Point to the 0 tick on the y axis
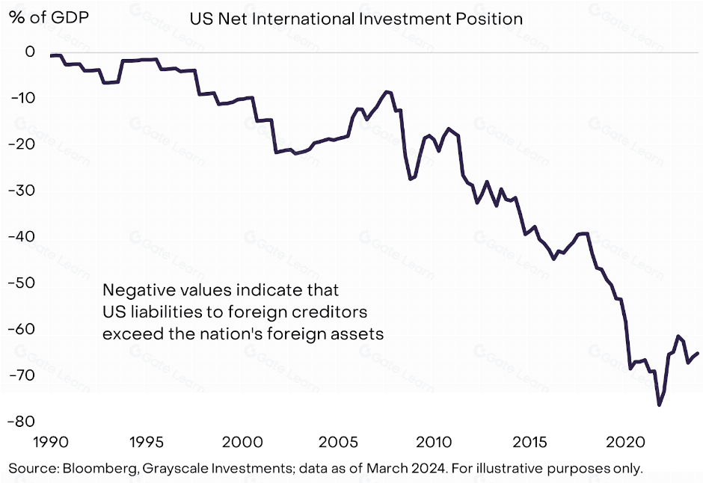coord(30,52)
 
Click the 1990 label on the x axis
coord(51,441)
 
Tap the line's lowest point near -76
coord(659,405)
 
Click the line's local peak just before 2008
coord(387,91)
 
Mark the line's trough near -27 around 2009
coord(410,179)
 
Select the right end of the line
coord(699,353)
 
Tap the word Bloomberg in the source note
coord(93,469)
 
